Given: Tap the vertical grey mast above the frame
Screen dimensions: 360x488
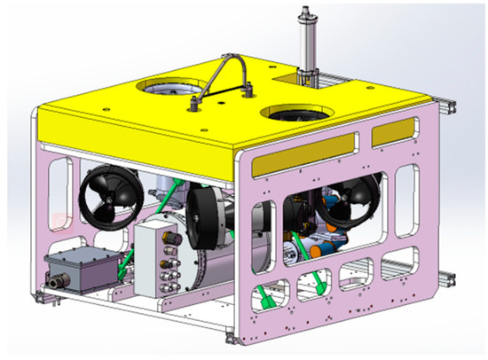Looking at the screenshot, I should tap(309, 44).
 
